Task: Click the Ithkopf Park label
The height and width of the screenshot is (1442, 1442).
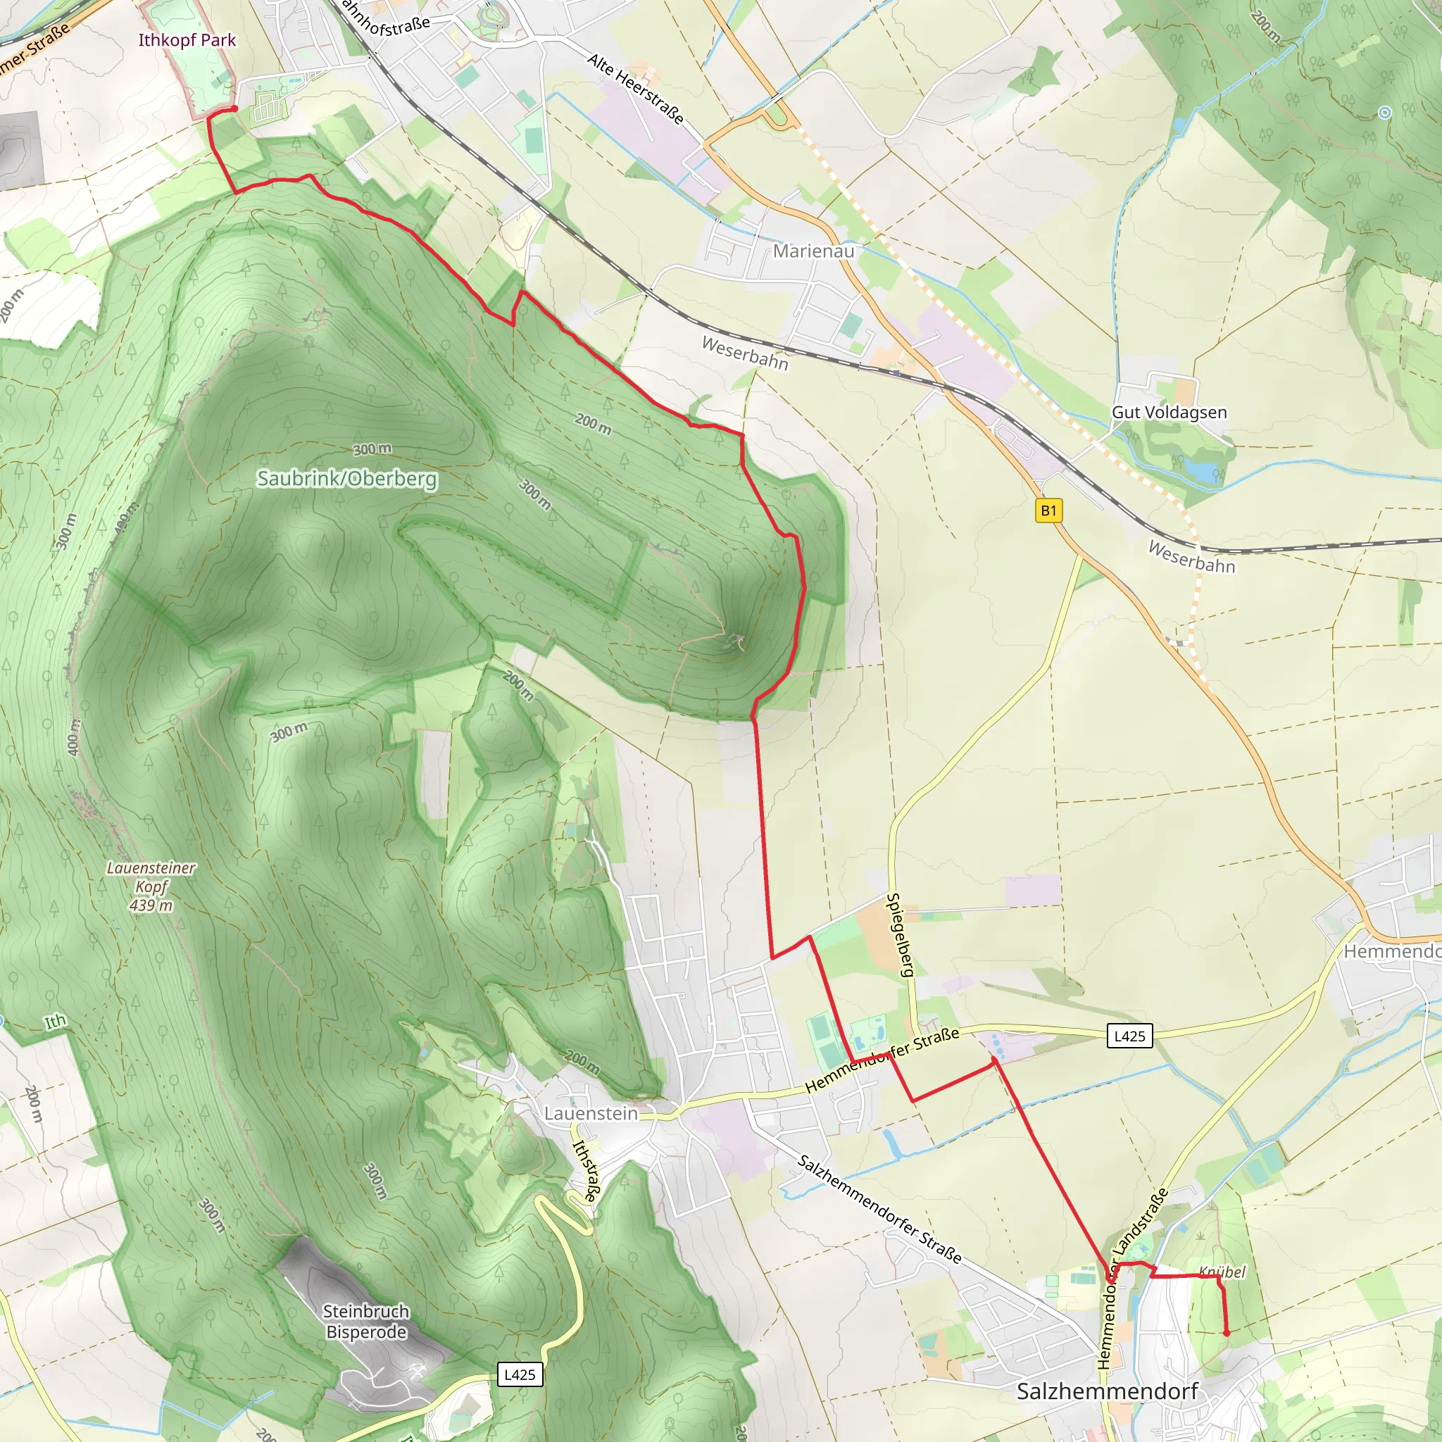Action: pos(187,40)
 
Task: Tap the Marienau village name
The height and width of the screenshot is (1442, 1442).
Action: pos(813,251)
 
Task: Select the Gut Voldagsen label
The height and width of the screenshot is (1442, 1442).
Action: pos(1169,412)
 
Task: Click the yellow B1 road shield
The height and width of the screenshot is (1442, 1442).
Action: pos(1048,510)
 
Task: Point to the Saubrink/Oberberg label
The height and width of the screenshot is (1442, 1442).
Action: pos(347,478)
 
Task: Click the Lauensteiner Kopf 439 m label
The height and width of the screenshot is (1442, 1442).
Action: pos(151,886)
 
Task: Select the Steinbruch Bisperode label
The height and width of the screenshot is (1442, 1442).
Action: pos(366,1322)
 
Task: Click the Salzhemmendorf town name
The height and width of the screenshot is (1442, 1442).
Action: pos(1108,1391)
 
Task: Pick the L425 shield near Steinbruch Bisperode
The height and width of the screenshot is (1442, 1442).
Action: pos(520,1375)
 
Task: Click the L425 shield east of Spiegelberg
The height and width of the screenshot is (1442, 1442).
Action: pos(1129,1036)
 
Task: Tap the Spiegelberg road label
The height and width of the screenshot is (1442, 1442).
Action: pos(900,934)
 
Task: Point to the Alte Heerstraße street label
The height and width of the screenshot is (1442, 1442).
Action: pos(635,88)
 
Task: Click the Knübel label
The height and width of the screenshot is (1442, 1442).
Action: pos(1222,1272)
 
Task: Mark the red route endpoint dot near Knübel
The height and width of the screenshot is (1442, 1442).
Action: pos(1227,1333)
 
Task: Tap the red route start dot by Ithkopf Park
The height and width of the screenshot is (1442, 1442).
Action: pos(234,108)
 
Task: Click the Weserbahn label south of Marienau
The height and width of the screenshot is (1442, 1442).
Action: pos(745,352)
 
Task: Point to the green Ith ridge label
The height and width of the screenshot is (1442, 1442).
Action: pos(55,1021)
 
